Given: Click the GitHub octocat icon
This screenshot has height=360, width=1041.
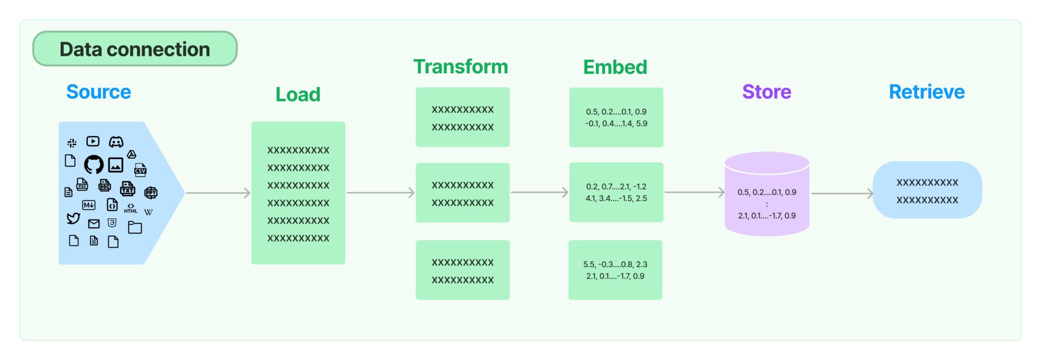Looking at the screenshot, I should [94, 164].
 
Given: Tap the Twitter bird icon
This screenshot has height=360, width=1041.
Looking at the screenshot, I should [73, 218].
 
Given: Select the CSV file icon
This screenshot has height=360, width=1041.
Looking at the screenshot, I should [140, 170].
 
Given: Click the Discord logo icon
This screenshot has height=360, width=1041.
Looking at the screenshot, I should [116, 142].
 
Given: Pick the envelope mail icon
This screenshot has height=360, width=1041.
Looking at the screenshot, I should [94, 224].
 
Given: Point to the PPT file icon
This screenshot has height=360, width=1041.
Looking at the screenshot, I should [151, 192].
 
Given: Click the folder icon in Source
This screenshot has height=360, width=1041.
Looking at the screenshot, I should [135, 227].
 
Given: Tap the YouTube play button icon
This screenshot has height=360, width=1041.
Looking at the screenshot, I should [93, 141].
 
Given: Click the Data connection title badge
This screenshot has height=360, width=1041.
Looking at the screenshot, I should [135, 49].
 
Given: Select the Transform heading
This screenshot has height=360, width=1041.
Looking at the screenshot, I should [461, 67].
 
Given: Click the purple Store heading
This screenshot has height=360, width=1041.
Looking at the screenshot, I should [767, 92].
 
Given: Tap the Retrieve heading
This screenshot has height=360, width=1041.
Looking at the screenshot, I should [927, 92].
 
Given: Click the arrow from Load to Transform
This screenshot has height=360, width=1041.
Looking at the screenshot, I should [380, 193].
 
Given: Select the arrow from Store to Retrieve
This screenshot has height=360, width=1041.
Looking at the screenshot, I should [842, 194].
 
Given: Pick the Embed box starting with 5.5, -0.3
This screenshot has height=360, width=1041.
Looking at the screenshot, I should [615, 270].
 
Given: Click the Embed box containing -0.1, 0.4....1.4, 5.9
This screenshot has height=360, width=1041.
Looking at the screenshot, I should [616, 117].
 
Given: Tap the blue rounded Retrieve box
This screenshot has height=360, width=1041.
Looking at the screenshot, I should [927, 190].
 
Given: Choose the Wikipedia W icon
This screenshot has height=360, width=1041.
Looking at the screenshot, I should [148, 212].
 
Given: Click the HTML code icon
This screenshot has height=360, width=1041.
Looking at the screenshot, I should [131, 208].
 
